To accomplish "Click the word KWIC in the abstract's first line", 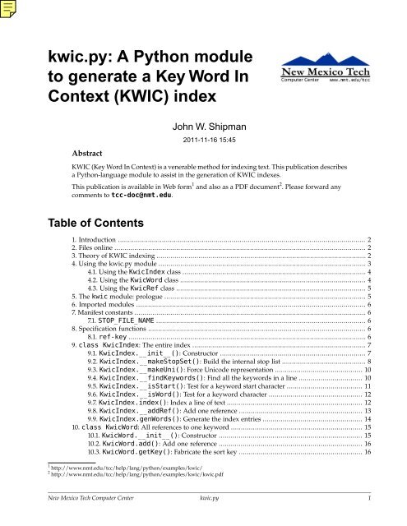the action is tap(85, 175).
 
